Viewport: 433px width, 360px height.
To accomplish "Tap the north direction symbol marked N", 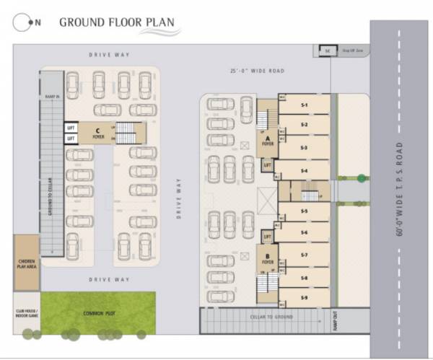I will [30, 22].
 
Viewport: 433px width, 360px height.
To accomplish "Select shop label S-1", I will [304, 105].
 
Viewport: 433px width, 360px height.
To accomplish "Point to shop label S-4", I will [304, 171].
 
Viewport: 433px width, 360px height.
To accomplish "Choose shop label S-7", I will [304, 255].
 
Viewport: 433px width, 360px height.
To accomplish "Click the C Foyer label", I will [97, 131].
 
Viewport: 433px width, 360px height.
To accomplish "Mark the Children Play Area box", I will [27, 263].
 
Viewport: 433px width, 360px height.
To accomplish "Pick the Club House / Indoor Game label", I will [27, 313].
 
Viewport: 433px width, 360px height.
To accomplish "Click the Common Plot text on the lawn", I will [98, 313].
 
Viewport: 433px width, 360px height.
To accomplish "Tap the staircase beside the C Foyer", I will [126, 131].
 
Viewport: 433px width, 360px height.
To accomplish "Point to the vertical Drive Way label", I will [178, 195].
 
